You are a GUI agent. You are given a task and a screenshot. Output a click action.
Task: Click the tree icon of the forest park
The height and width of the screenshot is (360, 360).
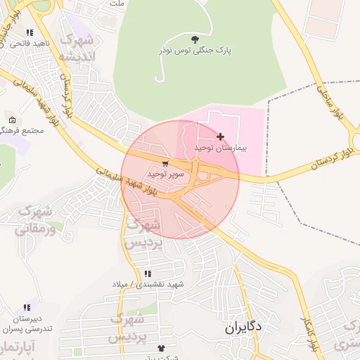click(x=195, y=39)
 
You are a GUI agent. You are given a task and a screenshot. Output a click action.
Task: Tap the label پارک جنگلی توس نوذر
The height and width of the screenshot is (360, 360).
click(x=195, y=51)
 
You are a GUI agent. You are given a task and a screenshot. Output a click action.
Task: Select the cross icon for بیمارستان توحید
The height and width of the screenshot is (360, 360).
click(x=221, y=136)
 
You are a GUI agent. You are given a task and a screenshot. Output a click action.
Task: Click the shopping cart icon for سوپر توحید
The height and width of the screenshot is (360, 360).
click(x=165, y=163)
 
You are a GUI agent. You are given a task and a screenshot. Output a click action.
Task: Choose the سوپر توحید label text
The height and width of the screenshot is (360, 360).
click(x=165, y=173)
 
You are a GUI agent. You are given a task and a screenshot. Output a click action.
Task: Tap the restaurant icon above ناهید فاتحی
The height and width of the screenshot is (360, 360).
click(x=30, y=32)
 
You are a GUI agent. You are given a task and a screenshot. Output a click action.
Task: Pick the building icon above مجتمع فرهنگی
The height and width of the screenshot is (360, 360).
click(x=12, y=120)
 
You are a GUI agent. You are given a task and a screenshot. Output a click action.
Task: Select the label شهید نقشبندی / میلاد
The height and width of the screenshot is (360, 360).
click(x=148, y=284)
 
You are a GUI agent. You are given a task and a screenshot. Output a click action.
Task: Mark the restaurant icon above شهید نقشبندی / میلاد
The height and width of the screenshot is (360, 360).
click(x=147, y=274)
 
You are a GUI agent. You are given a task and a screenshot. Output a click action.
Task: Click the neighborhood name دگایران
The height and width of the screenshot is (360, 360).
click(x=243, y=328)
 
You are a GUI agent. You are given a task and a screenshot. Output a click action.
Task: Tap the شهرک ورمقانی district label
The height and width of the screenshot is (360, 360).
click(x=35, y=219)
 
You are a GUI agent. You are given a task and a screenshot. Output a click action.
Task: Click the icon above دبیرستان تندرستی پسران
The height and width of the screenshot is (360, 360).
click(x=27, y=307)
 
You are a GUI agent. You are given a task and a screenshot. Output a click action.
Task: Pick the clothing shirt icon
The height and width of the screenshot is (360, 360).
click(x=162, y=347)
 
